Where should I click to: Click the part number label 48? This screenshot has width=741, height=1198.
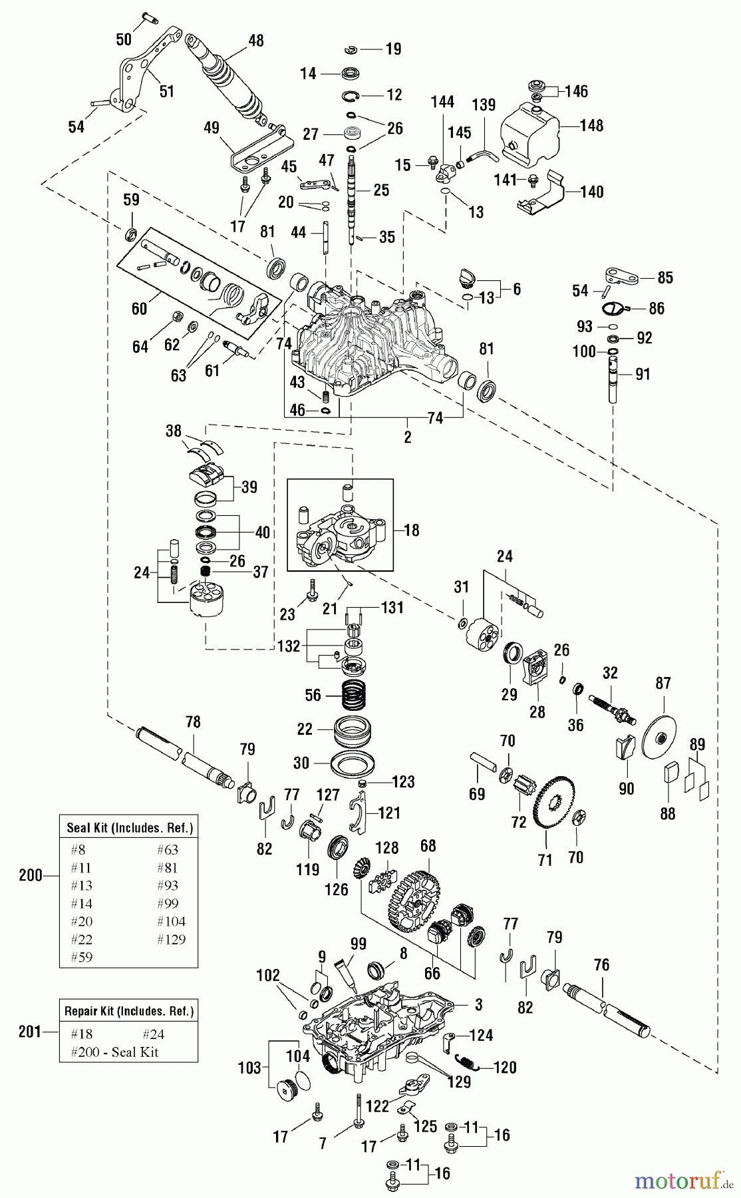pyautogui.click(x=255, y=41)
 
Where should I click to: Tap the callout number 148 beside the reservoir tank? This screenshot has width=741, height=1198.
pyautogui.click(x=591, y=126)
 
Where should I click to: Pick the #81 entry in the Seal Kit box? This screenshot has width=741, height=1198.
pyautogui.click(x=168, y=868)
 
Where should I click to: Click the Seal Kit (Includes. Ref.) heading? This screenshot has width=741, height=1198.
pyautogui.click(x=130, y=828)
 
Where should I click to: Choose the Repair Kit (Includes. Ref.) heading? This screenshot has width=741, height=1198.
pyautogui.click(x=129, y=1011)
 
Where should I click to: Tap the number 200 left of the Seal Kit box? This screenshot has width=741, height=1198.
pyautogui.click(x=31, y=875)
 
